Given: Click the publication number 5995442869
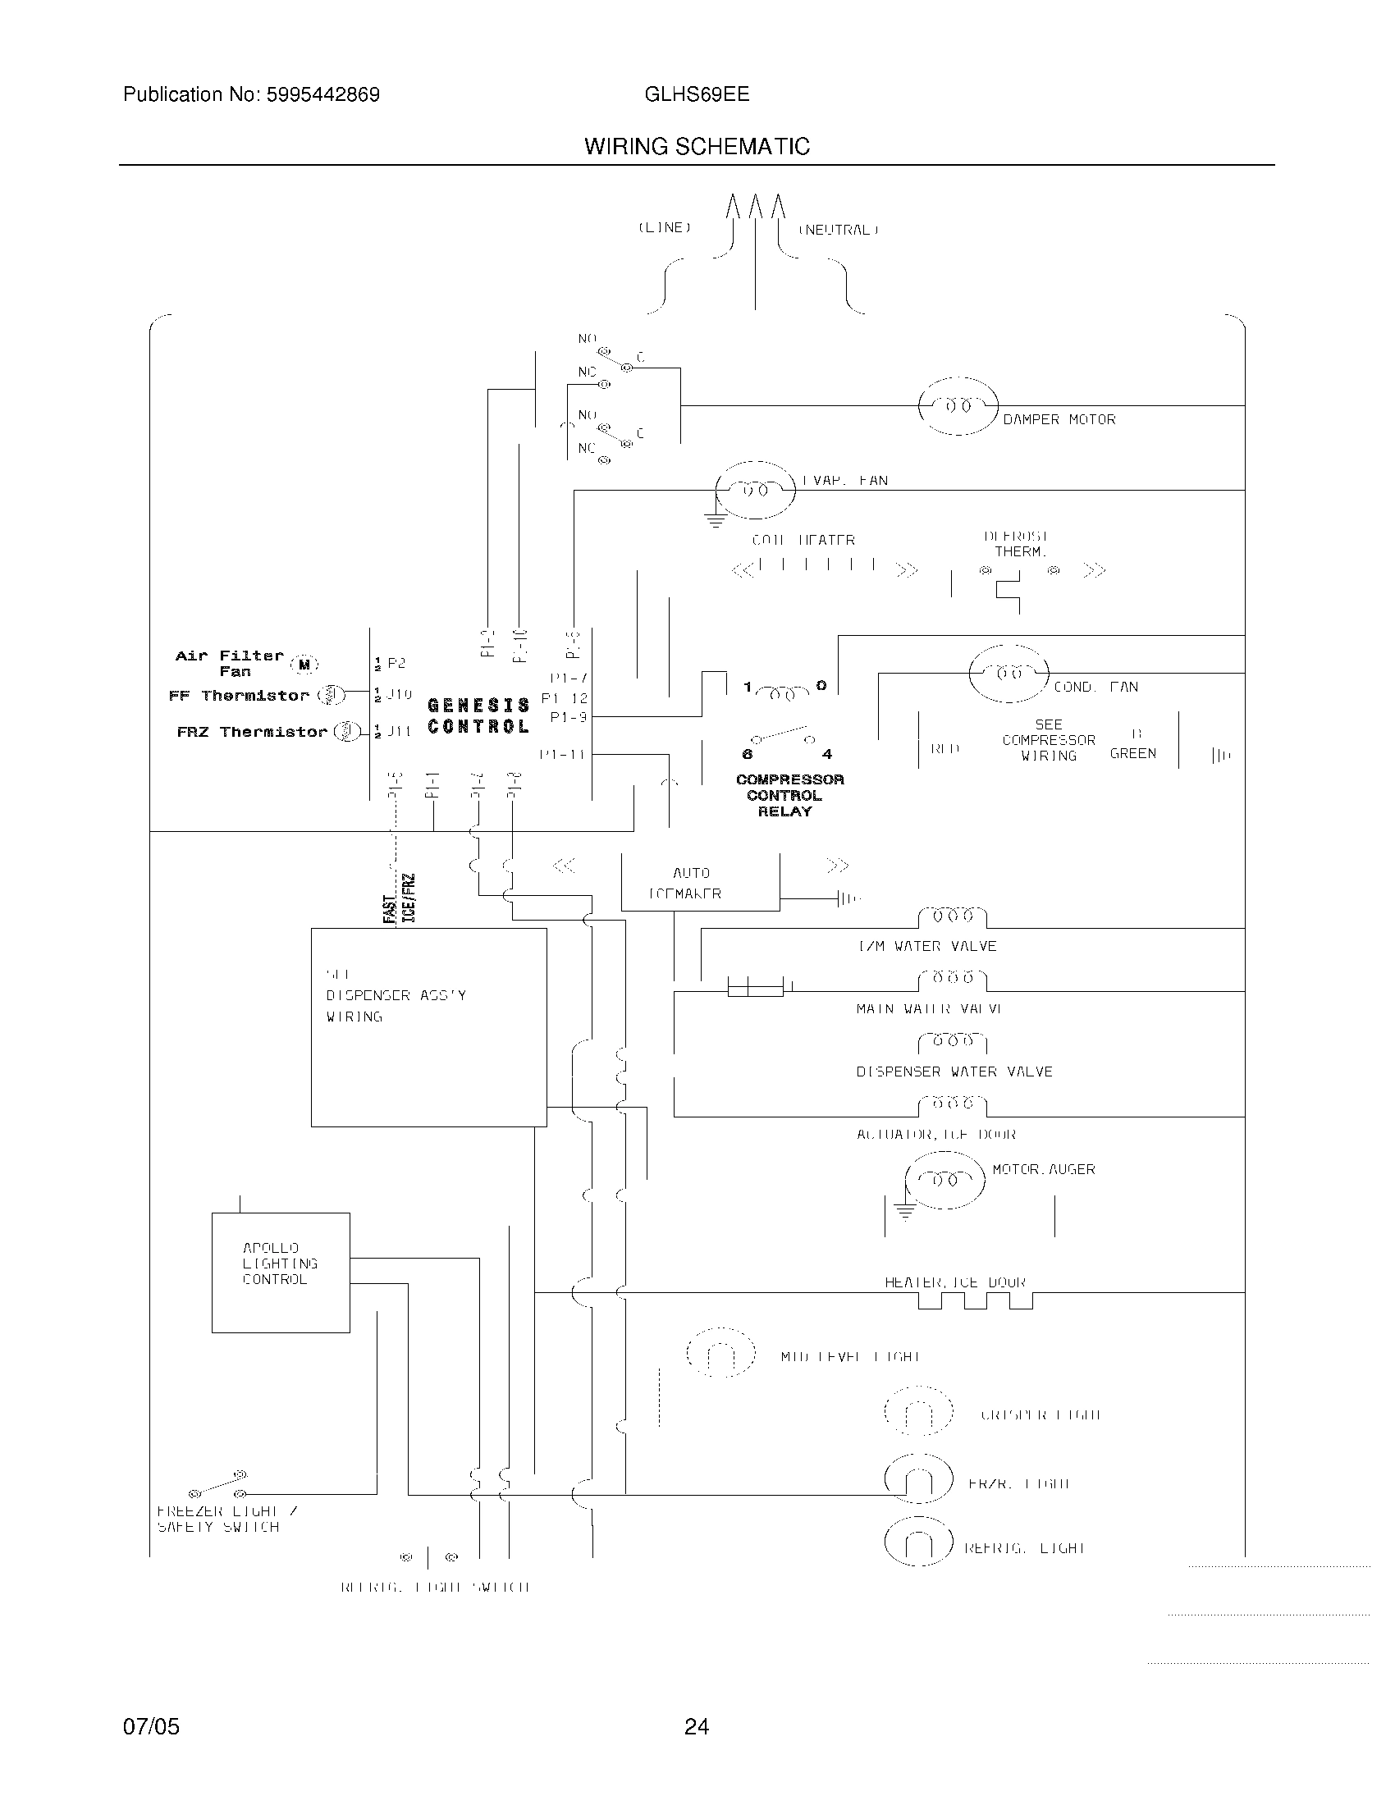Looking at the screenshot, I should pos(322,95).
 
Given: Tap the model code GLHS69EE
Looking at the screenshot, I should pos(697,94).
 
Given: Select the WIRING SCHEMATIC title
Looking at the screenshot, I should pos(697,146).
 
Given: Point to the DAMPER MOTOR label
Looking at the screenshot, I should pos(1059,420).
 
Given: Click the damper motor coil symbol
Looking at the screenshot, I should pos(958,406).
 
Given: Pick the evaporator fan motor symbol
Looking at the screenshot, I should pos(754,490).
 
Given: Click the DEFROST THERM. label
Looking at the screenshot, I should pos(1017,544).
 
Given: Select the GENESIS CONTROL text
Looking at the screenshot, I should pos(478,715).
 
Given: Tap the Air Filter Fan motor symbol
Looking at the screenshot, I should pos(304,664).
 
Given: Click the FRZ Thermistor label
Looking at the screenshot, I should pos(252,732).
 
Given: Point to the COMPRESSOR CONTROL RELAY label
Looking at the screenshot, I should pos(789,795).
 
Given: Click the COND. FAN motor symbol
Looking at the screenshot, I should pos(1009,674).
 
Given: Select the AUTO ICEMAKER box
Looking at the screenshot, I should pos(699,883).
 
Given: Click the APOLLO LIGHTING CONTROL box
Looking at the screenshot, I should pos(280,1273).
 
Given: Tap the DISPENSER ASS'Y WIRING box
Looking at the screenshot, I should pos(428,1027).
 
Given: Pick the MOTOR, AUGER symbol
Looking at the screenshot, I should pos(944,1180).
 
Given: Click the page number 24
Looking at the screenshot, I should pos(696,1726).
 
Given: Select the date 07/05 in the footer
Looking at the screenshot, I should pos(151,1726).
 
